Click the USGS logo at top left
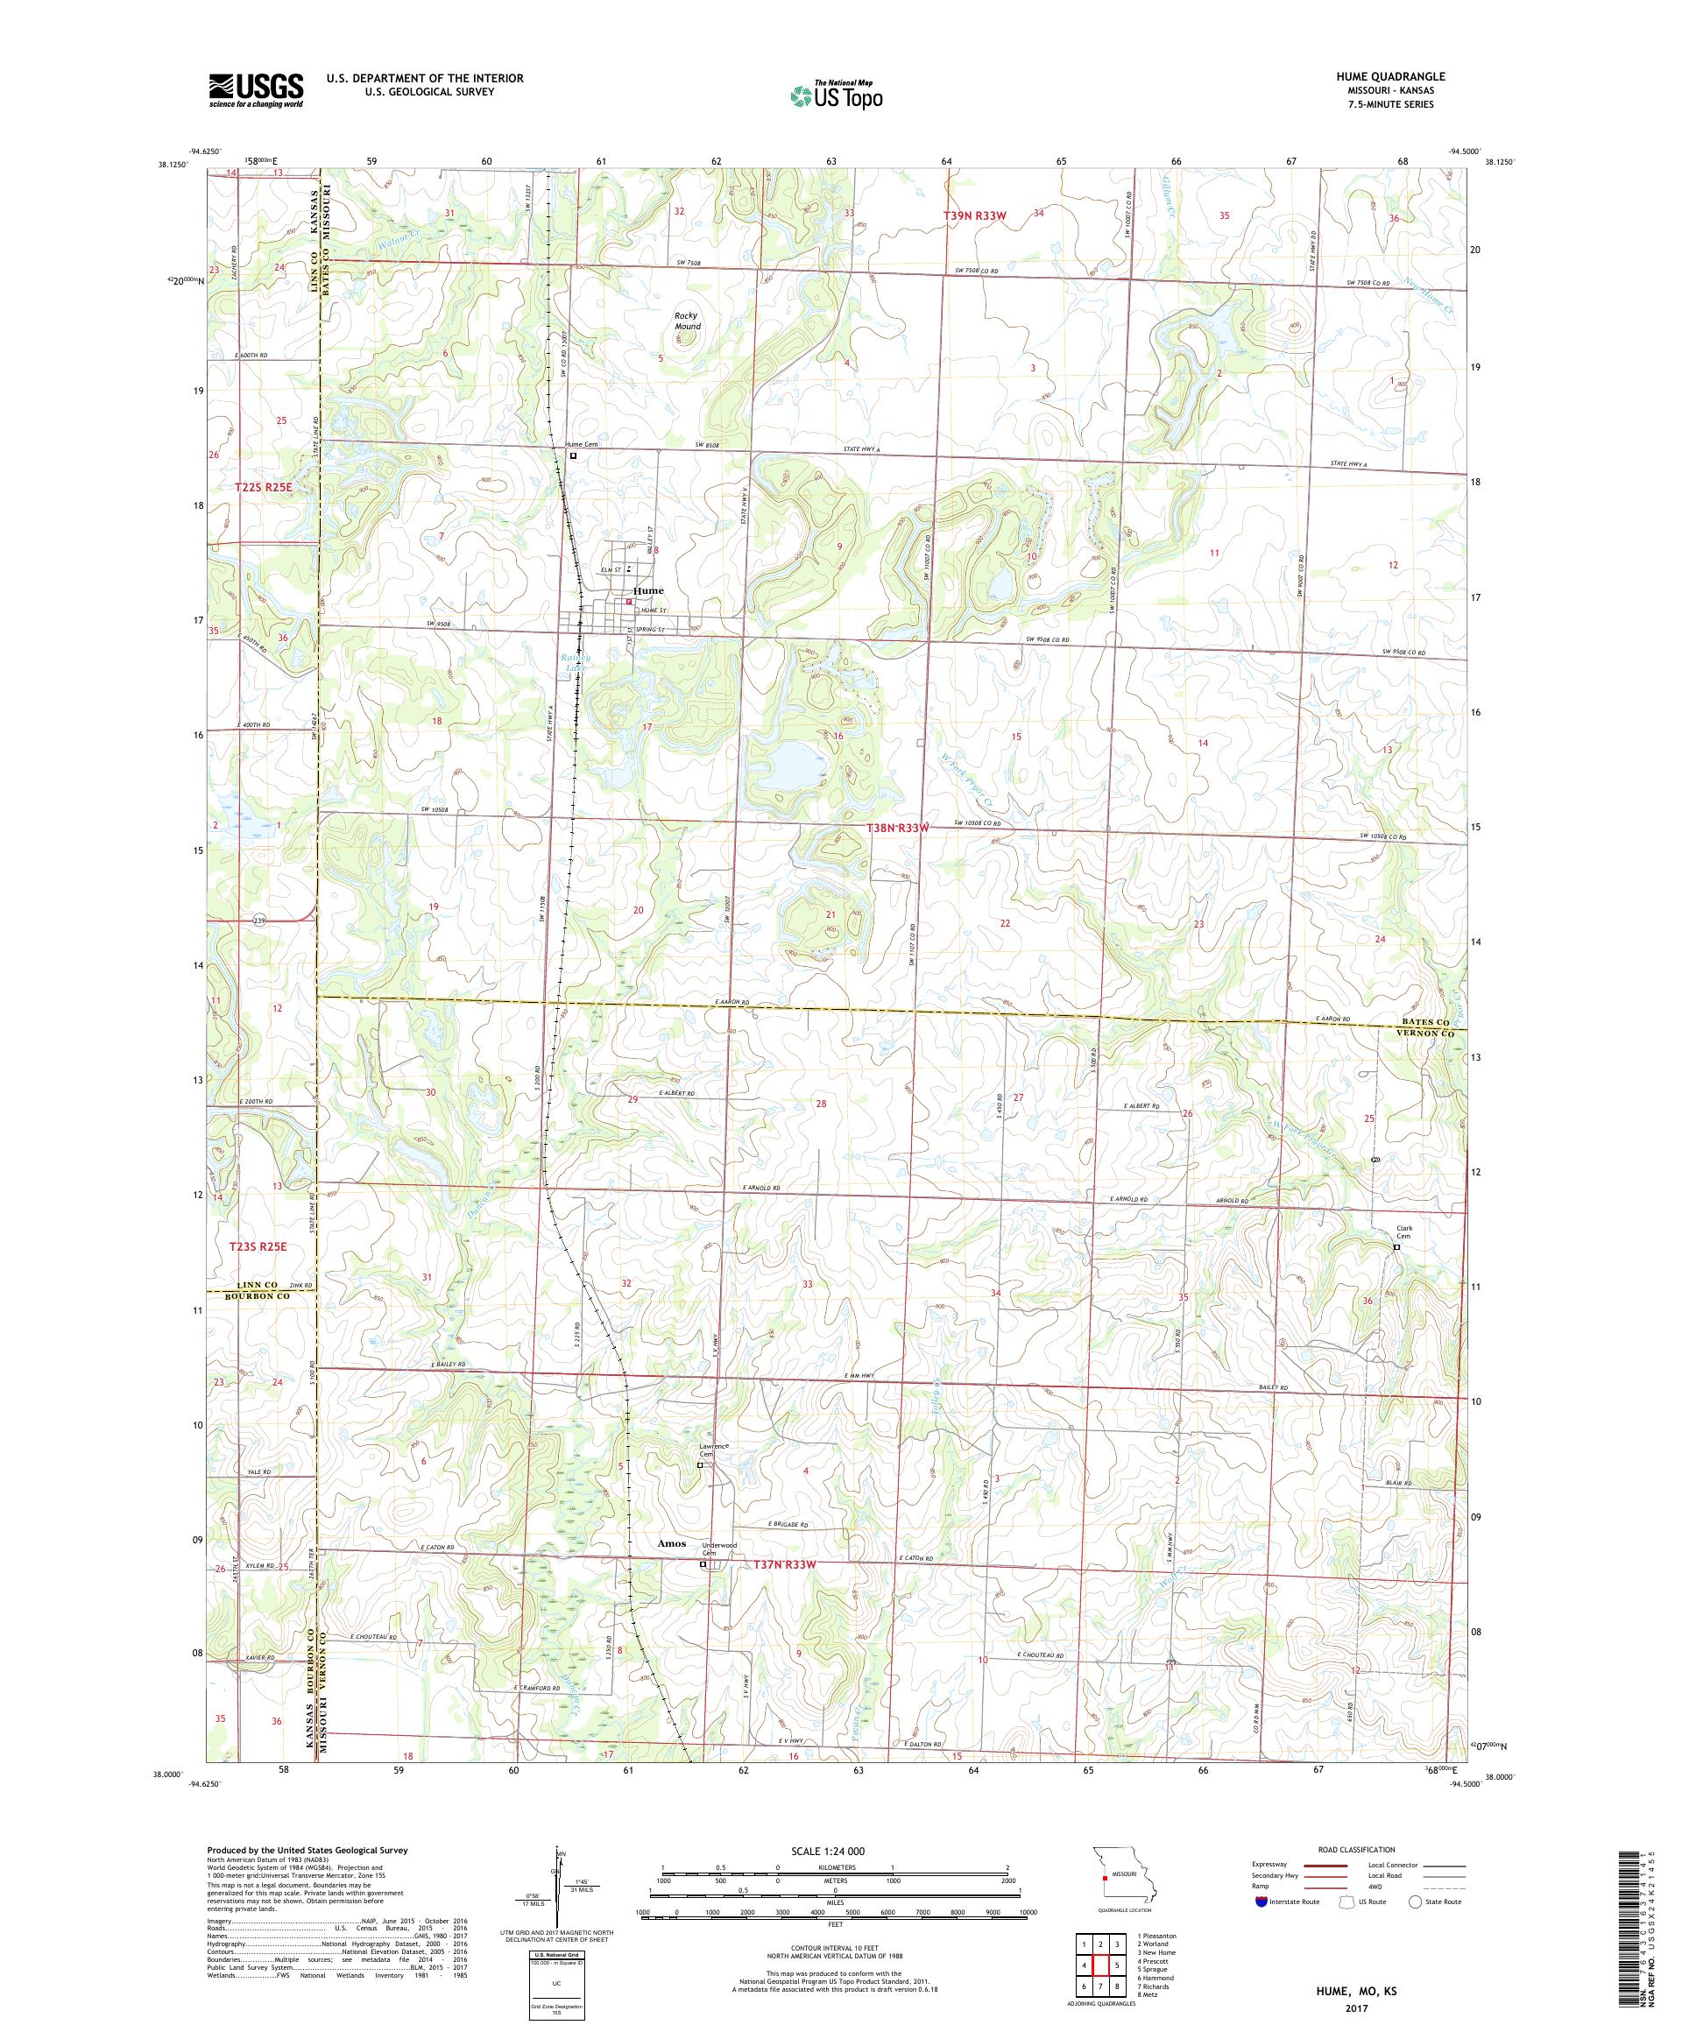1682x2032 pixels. pos(256,90)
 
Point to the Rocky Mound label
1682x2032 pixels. pos(687,321)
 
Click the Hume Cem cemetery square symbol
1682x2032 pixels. pos(573,455)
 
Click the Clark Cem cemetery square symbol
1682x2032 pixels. pos(1396,1247)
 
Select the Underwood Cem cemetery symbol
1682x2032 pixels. pos(703,1591)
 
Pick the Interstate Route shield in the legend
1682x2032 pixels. pos(1258,1901)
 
